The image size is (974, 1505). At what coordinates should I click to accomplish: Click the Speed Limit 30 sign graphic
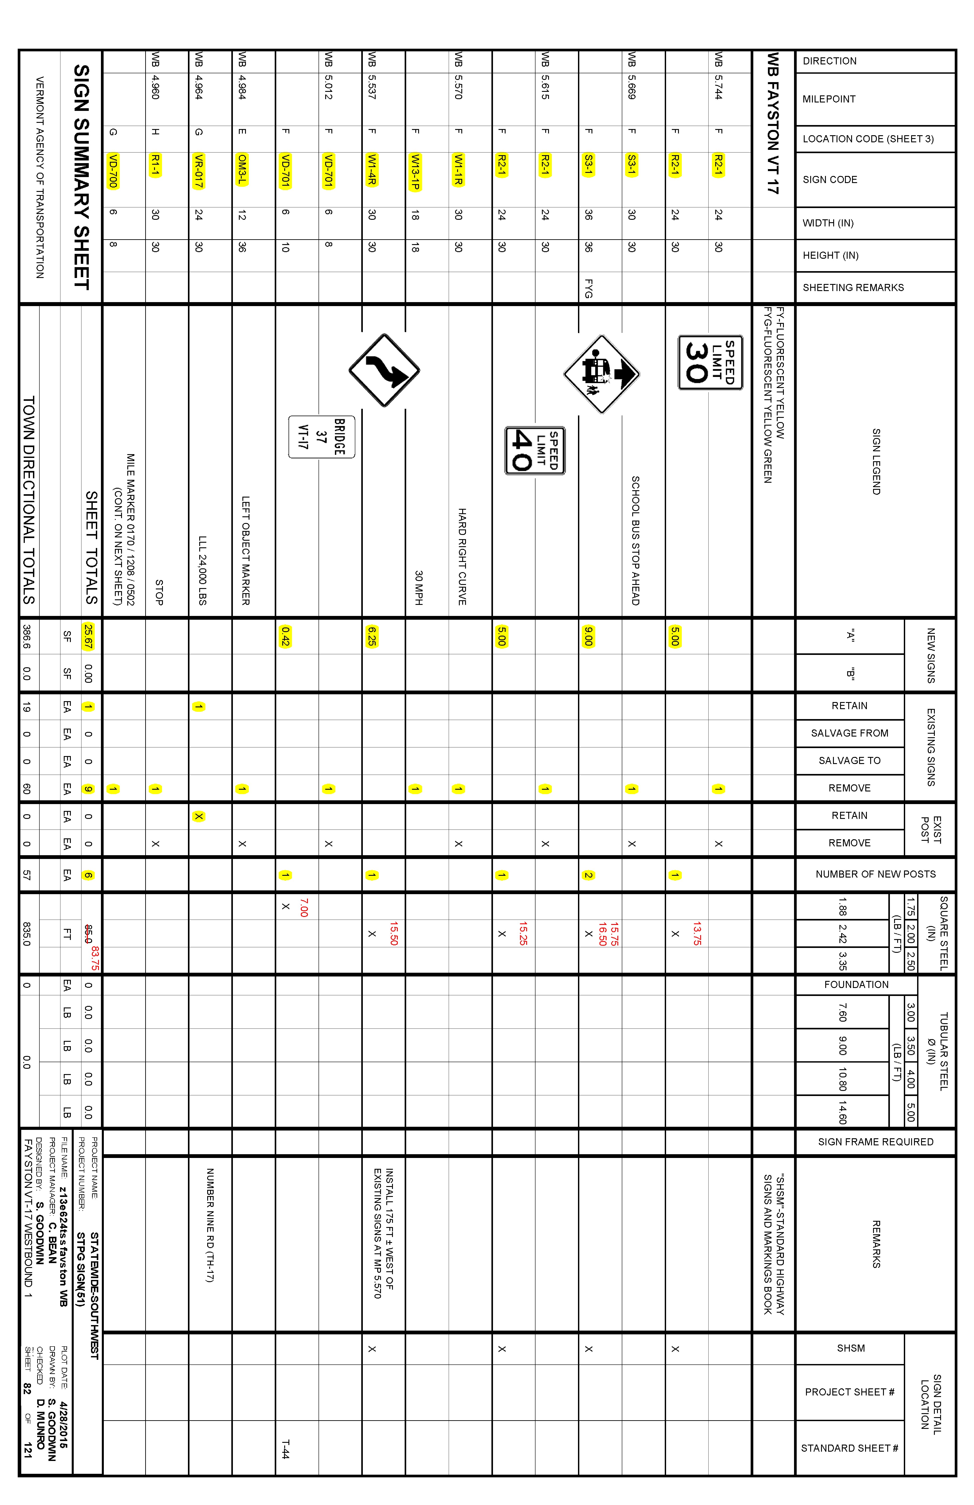tap(710, 362)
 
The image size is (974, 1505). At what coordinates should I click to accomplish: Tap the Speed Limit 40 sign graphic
tap(534, 450)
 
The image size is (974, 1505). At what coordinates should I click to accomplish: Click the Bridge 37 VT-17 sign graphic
tap(321, 436)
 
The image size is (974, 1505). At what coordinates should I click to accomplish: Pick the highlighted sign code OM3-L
tap(242, 170)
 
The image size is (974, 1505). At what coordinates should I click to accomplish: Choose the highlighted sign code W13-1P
tap(415, 171)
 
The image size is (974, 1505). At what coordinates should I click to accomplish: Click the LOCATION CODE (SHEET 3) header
tap(868, 139)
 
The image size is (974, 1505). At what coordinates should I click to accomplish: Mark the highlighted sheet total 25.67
tap(88, 636)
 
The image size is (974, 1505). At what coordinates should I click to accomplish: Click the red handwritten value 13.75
tap(697, 933)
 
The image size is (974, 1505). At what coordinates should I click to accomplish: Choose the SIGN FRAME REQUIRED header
tap(875, 1141)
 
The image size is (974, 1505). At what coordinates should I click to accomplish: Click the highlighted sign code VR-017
tap(199, 171)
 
